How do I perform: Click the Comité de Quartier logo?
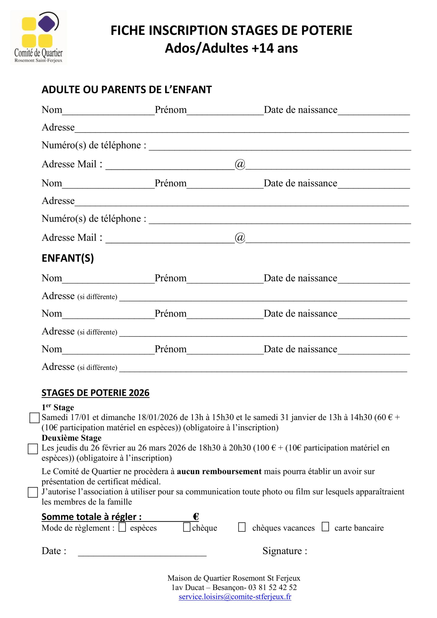[38, 37]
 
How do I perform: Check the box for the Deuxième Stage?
[33, 449]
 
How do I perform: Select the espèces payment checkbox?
[122, 527]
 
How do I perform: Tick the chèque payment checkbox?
[187, 527]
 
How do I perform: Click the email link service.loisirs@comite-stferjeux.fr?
[235, 597]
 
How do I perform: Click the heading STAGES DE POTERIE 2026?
[95, 393]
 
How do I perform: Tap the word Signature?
[282, 551]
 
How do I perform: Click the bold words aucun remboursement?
[219, 471]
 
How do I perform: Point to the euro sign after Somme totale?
[196, 517]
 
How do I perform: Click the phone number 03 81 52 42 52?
[273, 587]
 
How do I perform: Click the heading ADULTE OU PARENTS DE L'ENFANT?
[127, 90]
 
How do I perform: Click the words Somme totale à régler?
[91, 517]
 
